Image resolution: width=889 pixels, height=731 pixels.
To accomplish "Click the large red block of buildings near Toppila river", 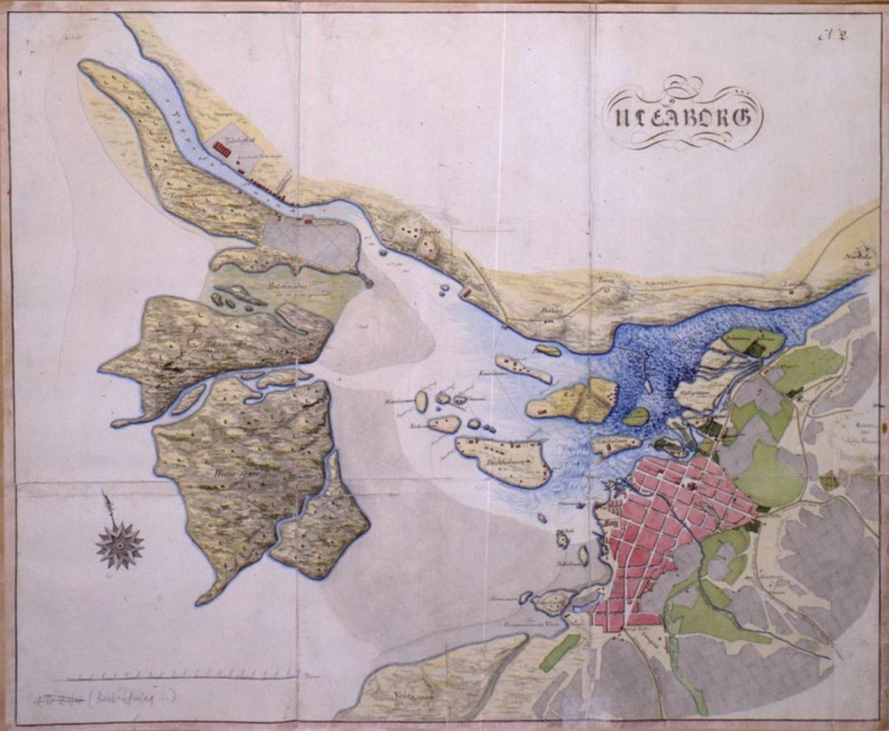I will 221,149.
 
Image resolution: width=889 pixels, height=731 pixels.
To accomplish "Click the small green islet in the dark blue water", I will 635,417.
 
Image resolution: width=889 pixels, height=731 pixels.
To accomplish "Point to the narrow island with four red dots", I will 523,368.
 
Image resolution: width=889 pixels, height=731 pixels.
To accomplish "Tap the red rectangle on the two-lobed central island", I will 541,408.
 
